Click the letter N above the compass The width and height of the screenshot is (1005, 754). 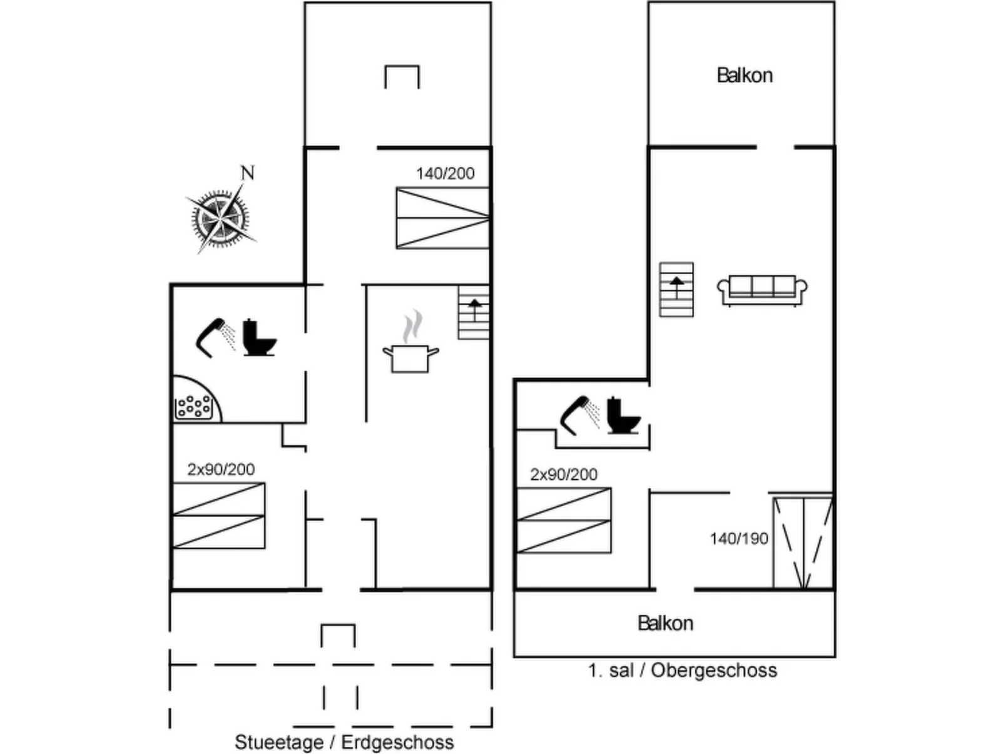pos(247,173)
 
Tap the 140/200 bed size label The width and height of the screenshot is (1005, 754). pos(445,173)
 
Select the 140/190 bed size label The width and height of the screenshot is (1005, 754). pos(738,539)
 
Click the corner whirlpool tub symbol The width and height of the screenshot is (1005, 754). pos(195,400)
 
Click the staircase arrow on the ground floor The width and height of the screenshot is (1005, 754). pos(474,310)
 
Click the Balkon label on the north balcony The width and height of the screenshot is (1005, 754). pos(745,76)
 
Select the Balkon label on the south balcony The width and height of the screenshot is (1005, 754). pos(665,623)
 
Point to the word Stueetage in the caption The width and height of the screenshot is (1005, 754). pos(279,742)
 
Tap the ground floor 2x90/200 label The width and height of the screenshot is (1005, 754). pos(221,469)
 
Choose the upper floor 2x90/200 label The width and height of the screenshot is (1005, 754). pos(564,474)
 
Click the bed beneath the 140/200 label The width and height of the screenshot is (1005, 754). pos(443,218)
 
